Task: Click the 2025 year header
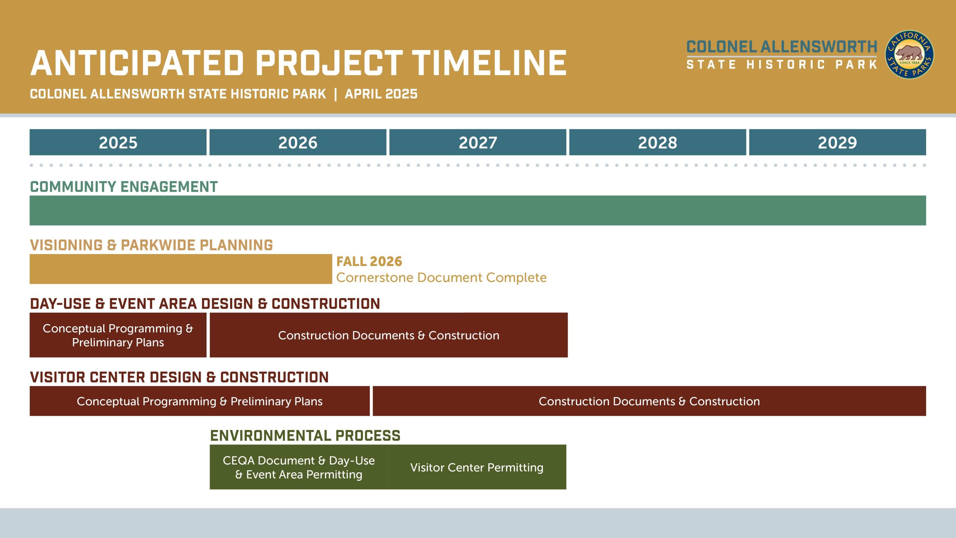118,142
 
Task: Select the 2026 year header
298,142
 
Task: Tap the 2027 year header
478,142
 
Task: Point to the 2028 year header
658,142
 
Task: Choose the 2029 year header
838,142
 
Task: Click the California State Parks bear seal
910,55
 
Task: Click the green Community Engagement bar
478,210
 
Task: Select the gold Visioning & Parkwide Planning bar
181,269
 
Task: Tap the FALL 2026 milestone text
369,262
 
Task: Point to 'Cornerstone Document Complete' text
441,278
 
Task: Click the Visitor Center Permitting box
477,467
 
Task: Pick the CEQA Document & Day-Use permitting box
299,467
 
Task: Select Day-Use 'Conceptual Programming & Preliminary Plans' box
118,335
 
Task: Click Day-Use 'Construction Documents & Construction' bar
389,335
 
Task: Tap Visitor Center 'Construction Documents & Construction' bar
649,401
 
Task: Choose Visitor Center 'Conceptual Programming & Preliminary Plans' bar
200,401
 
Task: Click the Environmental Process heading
305,436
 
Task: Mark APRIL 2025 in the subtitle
381,94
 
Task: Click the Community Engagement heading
124,187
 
